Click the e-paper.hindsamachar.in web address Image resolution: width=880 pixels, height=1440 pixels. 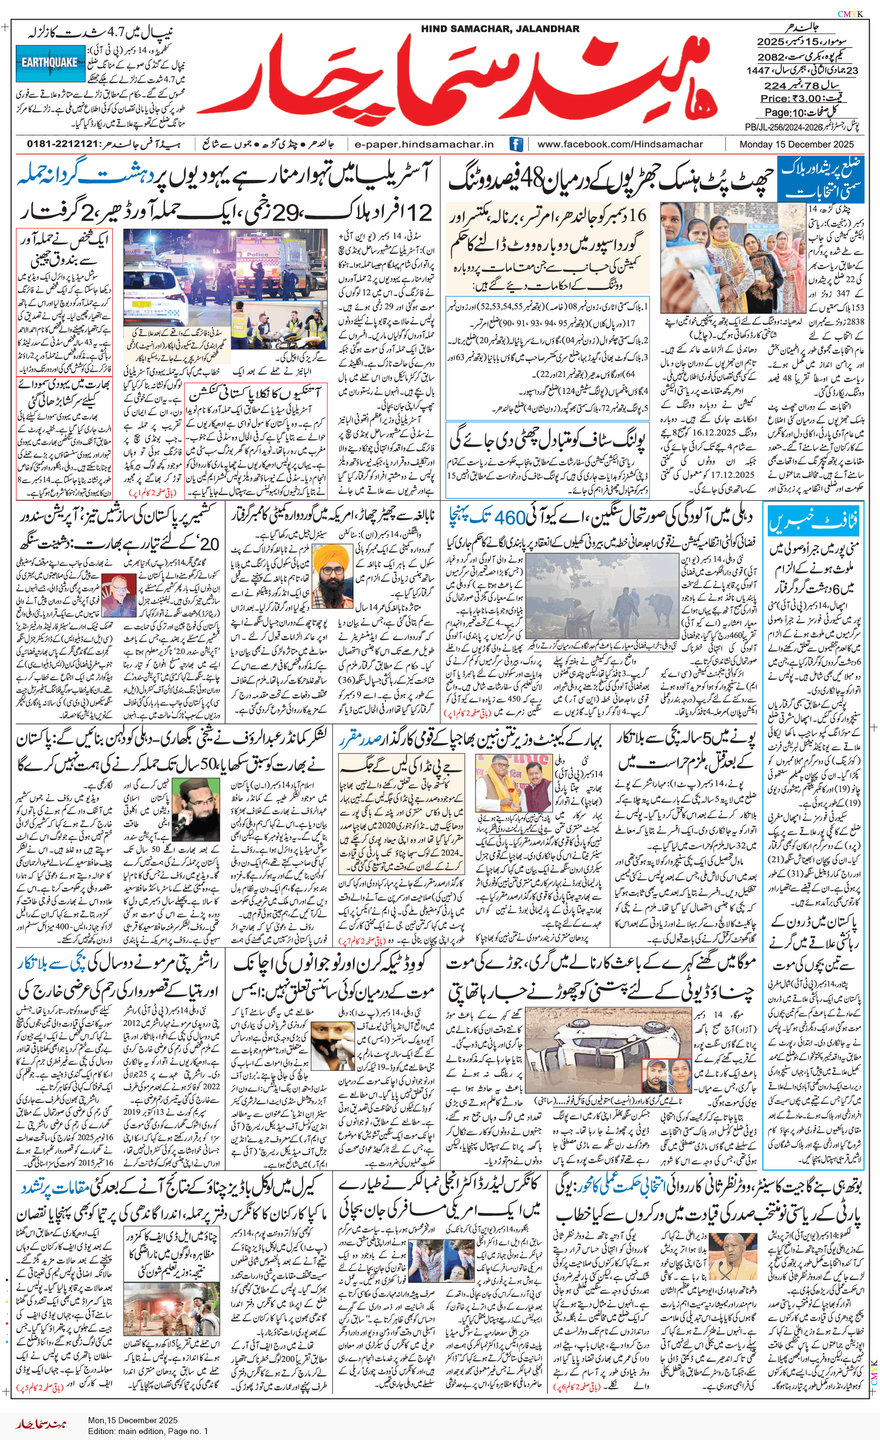click(424, 144)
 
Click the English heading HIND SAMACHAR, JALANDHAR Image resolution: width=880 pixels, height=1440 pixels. click(500, 29)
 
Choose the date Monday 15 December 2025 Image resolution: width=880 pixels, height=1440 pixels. click(797, 144)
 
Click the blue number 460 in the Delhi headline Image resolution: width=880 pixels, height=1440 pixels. click(510, 517)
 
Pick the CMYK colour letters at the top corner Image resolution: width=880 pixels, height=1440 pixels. click(850, 14)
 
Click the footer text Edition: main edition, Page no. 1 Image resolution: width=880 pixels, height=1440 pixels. click(147, 1431)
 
